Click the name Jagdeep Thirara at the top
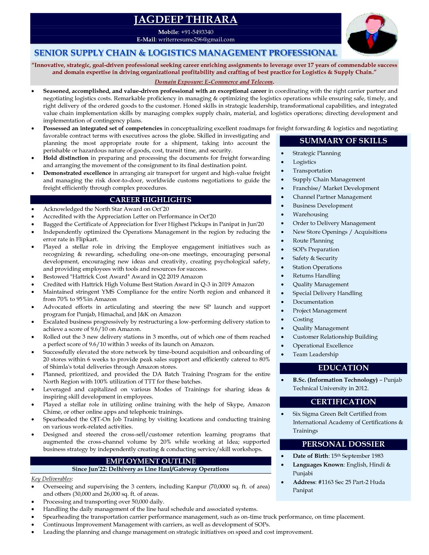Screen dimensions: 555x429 (186, 20)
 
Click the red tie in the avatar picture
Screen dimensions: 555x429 (371, 40)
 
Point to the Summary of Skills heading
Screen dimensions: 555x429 (343, 141)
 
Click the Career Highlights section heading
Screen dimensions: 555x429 (150, 200)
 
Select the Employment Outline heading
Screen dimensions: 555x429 (151, 461)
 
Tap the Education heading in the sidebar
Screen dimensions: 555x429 (343, 368)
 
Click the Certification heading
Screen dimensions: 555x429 (343, 402)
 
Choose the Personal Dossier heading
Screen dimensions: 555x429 (343, 444)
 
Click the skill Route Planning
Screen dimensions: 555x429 (313, 240)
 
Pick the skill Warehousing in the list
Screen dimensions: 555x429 (310, 214)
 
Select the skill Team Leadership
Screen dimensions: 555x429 (315, 354)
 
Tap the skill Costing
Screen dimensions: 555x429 (303, 319)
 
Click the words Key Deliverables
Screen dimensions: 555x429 (51, 479)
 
